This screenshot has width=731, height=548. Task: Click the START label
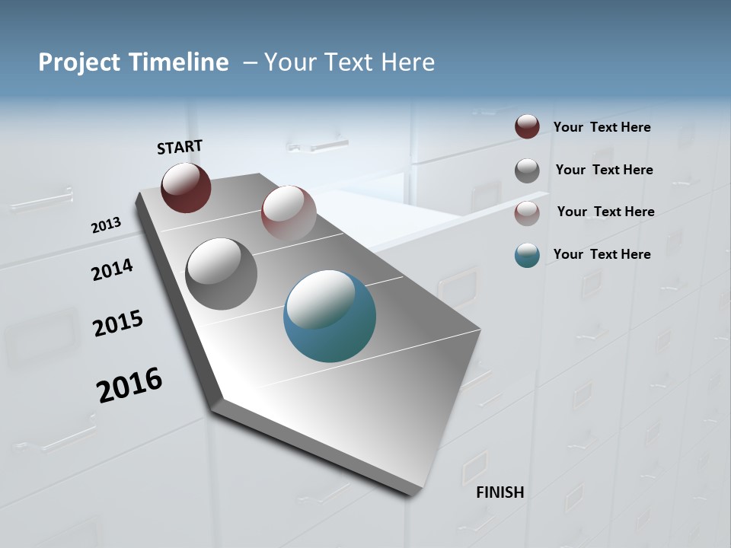click(x=180, y=147)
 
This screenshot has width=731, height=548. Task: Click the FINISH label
click(x=500, y=492)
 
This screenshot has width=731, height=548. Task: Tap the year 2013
click(x=106, y=225)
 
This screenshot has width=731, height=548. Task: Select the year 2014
click(x=112, y=270)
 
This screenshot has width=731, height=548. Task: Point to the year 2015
click(x=118, y=323)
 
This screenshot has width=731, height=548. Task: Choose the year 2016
click(x=129, y=385)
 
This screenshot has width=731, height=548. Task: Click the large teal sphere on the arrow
click(x=330, y=316)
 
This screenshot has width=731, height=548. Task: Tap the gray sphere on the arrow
click(x=221, y=274)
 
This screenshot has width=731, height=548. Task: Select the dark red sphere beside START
click(x=186, y=187)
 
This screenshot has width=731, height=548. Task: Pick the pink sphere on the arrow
click(x=289, y=213)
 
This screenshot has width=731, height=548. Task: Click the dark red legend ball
click(x=527, y=127)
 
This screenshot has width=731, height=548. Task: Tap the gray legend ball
click(x=527, y=170)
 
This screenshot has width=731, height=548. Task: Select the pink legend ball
click(x=527, y=213)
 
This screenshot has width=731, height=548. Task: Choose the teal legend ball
click(x=527, y=255)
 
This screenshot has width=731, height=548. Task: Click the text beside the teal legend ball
click(x=602, y=254)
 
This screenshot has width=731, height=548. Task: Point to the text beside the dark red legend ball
click(x=602, y=127)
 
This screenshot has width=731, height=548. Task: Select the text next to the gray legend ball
click(x=604, y=170)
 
